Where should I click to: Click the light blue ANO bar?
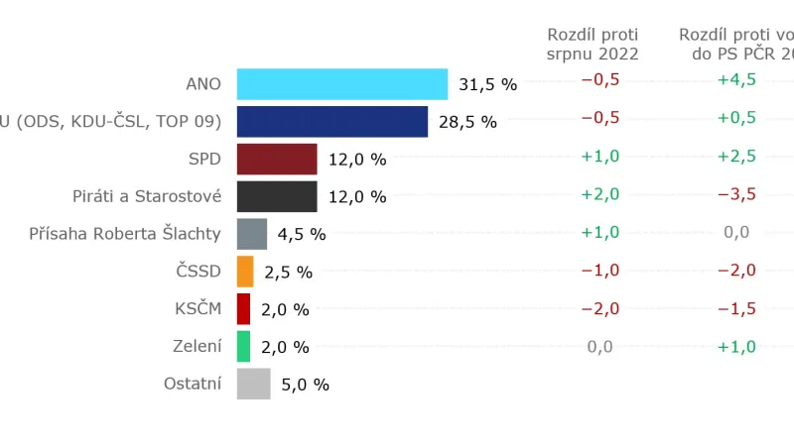342,84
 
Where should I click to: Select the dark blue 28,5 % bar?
332,121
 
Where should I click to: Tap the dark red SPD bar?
277,159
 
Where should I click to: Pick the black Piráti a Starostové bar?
277,196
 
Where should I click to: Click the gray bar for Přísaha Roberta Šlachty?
252,234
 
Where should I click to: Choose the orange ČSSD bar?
245,272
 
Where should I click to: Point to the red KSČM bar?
243,309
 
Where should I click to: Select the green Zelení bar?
243,347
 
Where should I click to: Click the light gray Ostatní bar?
254,385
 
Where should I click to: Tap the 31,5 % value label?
488,85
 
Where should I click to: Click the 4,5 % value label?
302,235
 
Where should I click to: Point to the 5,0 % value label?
305,386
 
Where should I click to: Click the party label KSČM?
198,308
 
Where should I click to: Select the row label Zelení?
197,346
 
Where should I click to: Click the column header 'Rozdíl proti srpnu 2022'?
594,45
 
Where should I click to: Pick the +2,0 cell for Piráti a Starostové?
599,194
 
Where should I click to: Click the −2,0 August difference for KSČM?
599,308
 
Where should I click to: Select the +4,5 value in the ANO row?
736,80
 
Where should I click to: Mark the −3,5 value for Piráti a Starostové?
736,194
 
